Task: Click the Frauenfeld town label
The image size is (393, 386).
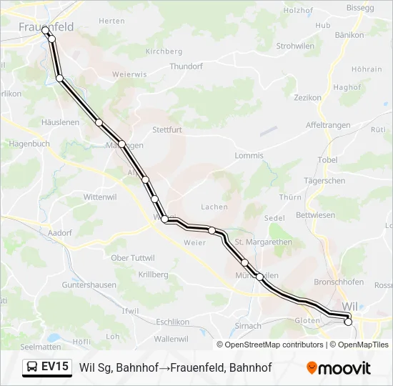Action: [x=46, y=26]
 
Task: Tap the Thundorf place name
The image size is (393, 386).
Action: [x=186, y=66]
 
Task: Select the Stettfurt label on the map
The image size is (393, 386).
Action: [x=167, y=130]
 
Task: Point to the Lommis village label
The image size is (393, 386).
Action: [x=249, y=155]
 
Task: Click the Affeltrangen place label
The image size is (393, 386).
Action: [x=328, y=125]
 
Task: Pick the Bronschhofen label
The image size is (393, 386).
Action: [x=339, y=281]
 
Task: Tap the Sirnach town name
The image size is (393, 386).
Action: [x=248, y=325]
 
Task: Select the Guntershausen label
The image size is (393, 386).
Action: [x=89, y=284]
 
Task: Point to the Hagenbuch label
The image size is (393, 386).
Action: [x=29, y=144]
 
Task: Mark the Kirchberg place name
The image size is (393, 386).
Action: [x=164, y=51]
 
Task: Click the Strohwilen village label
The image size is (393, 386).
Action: [x=296, y=46]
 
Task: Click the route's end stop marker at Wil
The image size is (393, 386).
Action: [x=349, y=322]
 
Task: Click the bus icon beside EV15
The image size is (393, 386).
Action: [x=33, y=367]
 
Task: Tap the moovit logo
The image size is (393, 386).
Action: [x=339, y=367]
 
